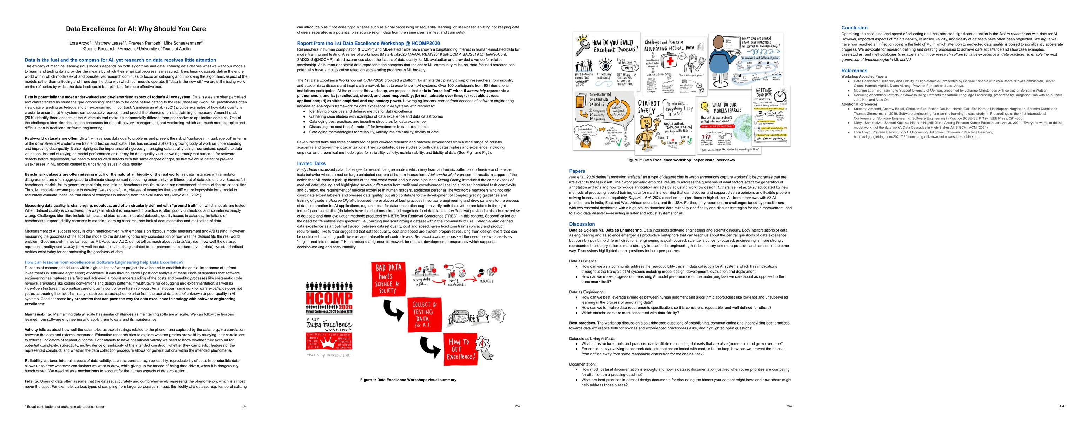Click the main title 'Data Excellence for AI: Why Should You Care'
pyautogui.click(x=136, y=29)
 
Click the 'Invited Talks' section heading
pyautogui.click(x=311, y=163)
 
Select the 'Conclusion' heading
pyautogui.click(x=854, y=27)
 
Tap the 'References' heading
pyautogui.click(x=854, y=71)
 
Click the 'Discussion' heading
pyautogui.click(x=582, y=224)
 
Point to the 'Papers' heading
pyautogui.click(x=577, y=171)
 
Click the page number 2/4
pyautogui.click(x=517, y=406)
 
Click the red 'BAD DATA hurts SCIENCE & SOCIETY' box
pyautogui.click(x=388, y=279)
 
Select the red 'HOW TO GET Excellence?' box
pyautogui.click(x=460, y=349)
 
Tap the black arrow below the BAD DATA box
pyautogui.click(x=393, y=310)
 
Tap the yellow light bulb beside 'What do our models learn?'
pyautogui.click(x=704, y=107)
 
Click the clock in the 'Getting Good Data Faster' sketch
pyautogui.click(x=780, y=97)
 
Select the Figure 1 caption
pyautogui.click(x=408, y=380)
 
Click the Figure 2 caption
pyautogui.click(x=680, y=160)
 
